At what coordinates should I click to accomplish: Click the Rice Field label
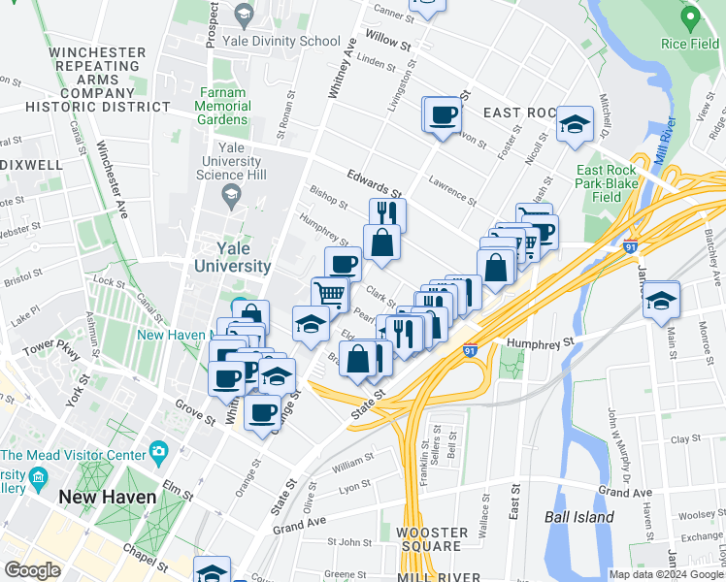point(689,44)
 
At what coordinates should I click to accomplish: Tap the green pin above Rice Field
point(689,17)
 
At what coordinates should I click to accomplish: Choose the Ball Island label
point(578,517)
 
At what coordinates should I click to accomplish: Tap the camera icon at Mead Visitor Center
point(158,452)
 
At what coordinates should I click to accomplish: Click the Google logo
point(32,569)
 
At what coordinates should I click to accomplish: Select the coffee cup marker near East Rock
point(442,114)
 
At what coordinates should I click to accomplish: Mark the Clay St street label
point(684,439)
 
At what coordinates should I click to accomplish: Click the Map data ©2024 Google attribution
point(664,574)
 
